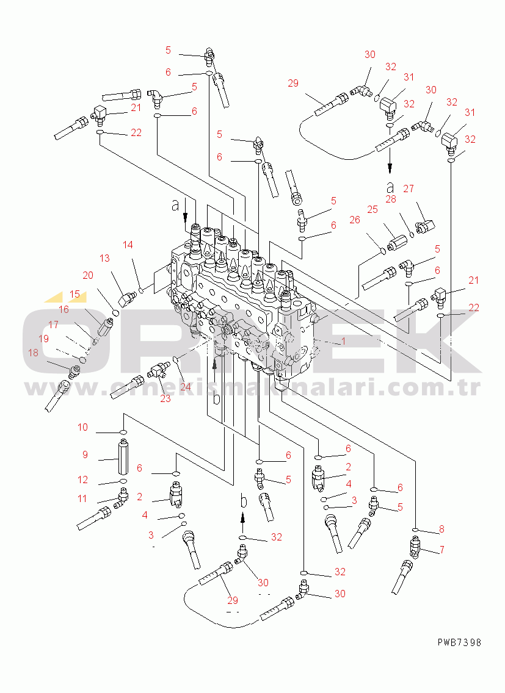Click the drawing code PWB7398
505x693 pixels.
point(459,642)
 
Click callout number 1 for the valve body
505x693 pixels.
point(343,341)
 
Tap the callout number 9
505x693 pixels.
point(85,455)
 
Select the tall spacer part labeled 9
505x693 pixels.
point(123,458)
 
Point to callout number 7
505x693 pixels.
point(441,550)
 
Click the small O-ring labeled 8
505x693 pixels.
point(415,530)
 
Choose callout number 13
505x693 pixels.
point(104,258)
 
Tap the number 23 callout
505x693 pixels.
point(165,398)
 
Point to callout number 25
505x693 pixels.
point(372,209)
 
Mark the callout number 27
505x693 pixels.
point(409,189)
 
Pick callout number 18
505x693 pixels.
point(33,353)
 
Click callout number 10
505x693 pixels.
point(83,428)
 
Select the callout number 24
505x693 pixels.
point(186,387)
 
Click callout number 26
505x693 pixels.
point(355,220)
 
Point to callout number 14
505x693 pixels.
point(128,245)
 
